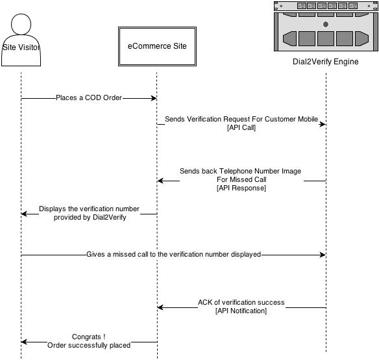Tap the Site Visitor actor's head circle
[x=21, y=24]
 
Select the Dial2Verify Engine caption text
[x=326, y=62]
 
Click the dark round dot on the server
[x=326, y=25]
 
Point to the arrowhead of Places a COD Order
[x=154, y=98]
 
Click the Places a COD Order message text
[x=89, y=97]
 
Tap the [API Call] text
[x=241, y=127]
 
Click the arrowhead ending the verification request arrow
[x=323, y=124]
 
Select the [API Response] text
[x=241, y=188]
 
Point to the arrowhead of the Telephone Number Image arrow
[x=160, y=181]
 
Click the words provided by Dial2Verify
[x=90, y=218]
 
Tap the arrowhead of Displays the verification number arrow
[x=24, y=214]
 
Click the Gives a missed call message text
[x=173, y=254]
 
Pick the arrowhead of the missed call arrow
[x=323, y=255]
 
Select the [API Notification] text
[x=241, y=311]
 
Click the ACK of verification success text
[x=241, y=302]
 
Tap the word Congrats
[x=86, y=337]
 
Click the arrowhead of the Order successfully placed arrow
[x=24, y=342]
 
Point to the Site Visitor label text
[x=21, y=47]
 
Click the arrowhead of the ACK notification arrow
[x=160, y=307]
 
